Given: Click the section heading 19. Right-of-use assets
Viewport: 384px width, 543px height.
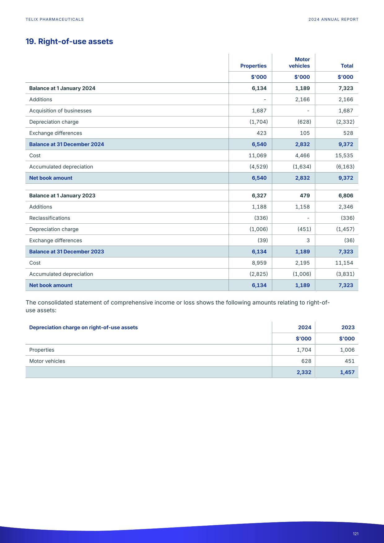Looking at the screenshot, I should tap(69, 42).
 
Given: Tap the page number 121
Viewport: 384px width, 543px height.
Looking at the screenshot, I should tap(356, 534).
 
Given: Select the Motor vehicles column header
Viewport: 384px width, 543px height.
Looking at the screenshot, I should tap(299, 63).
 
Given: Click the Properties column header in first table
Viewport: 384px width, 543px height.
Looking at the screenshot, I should tap(253, 66).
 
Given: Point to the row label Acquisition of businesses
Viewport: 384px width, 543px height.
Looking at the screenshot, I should tap(60, 111).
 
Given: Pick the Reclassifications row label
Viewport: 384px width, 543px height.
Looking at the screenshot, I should tap(50, 218).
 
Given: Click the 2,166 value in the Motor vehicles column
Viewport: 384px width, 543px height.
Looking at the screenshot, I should tap(302, 99).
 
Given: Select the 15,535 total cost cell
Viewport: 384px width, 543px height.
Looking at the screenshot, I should tap(344, 155).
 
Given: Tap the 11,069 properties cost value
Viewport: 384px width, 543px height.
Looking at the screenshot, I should tap(257, 155).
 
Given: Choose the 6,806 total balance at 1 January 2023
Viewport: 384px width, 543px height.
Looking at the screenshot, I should tap(346, 195).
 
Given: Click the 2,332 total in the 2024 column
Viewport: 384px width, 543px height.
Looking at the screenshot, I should tap(304, 372).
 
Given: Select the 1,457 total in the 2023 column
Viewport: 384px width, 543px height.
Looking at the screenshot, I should tap(347, 372).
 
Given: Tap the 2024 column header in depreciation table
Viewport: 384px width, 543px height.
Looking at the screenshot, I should tap(304, 327).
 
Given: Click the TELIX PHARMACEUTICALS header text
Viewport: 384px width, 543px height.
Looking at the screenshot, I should tap(55, 20).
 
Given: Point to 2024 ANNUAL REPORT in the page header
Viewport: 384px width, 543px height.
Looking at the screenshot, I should tap(333, 20).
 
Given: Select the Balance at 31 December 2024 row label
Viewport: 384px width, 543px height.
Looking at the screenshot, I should tap(67, 144).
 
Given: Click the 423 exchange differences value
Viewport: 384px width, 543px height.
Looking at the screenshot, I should tap(261, 133).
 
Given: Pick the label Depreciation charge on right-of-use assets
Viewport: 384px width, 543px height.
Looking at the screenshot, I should tap(83, 327).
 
